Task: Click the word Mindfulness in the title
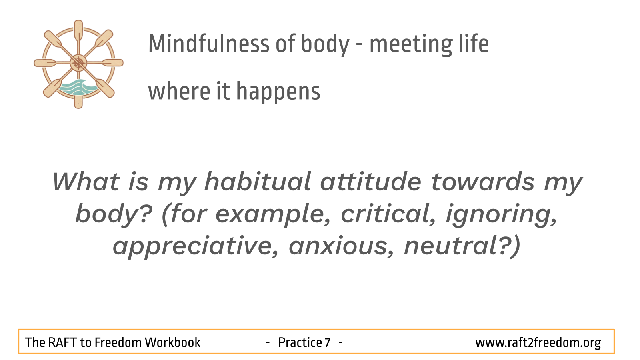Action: (x=208, y=44)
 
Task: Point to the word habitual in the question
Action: (x=258, y=182)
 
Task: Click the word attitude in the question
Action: (x=370, y=182)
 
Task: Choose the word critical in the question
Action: (x=388, y=214)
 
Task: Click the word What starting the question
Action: (x=86, y=182)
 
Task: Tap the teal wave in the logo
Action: (x=77, y=88)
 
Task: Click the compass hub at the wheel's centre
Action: (x=78, y=63)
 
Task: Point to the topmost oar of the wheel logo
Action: (x=78, y=32)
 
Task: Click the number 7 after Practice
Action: (x=327, y=342)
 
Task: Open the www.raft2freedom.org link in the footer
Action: (x=538, y=343)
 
